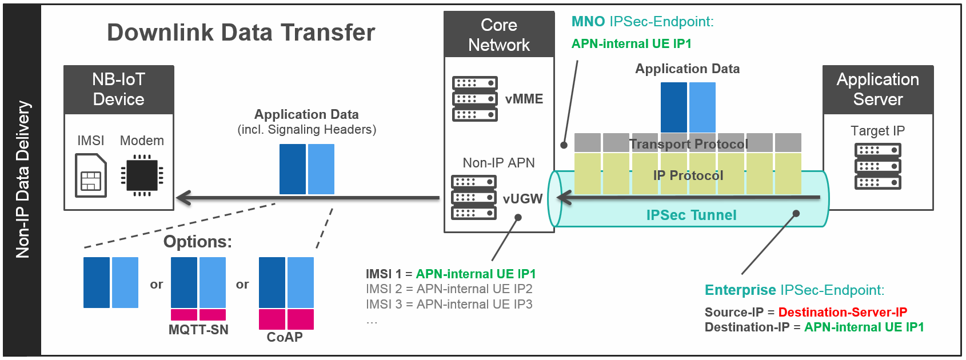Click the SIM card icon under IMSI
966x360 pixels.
coord(90,175)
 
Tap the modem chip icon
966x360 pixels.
coord(142,175)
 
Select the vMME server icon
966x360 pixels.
coord(475,99)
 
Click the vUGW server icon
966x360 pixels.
coord(474,197)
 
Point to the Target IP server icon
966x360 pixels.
coord(877,166)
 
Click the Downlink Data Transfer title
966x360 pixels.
coord(241,33)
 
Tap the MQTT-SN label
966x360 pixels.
coord(198,330)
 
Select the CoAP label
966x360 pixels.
coord(285,337)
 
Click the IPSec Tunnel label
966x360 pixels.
coord(691,215)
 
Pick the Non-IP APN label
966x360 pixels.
coord(498,162)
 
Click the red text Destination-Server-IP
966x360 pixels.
coord(843,311)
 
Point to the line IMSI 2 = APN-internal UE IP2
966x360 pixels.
coord(449,289)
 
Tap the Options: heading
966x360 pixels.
coord(198,242)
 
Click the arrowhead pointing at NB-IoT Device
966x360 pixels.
coord(183,198)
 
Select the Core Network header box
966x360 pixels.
coord(499,34)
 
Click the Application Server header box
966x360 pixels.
coord(878,90)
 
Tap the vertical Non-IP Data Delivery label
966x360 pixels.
coord(22,179)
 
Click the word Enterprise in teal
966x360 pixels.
coord(740,290)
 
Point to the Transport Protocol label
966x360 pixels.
coord(689,144)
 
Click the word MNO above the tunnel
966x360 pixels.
coord(588,21)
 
